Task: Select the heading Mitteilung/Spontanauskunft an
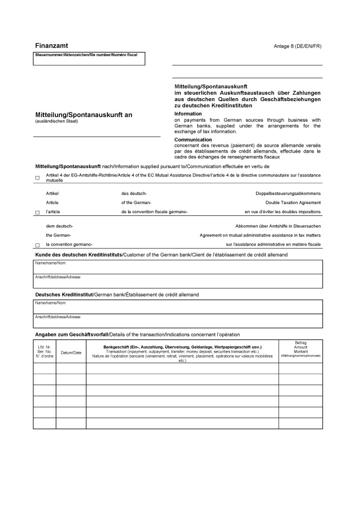(83, 115)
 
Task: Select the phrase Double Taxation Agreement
(293, 202)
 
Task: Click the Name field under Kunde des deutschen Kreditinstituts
(177, 266)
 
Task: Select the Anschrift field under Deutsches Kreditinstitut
(177, 320)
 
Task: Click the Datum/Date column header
(71, 352)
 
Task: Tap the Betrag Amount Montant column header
(301, 349)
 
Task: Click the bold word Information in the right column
(188, 114)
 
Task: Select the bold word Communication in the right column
(193, 139)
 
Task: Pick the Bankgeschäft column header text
(182, 347)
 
